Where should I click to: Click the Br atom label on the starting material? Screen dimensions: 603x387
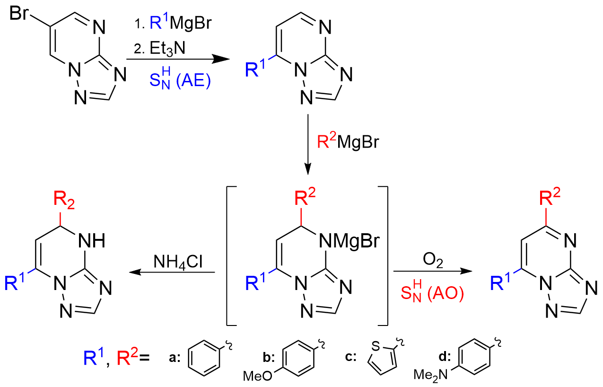[19, 13]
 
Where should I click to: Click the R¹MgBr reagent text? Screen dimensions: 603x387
[181, 22]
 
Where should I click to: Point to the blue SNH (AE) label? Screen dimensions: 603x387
[180, 79]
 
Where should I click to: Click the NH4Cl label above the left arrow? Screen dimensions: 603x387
[178, 262]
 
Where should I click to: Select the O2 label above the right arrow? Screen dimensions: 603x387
[433, 260]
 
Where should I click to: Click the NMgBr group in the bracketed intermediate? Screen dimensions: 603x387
[349, 241]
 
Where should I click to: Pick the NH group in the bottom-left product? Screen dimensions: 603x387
[92, 241]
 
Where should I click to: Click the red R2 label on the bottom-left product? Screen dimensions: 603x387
[64, 200]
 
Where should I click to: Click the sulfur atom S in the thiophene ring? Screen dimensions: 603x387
[376, 346]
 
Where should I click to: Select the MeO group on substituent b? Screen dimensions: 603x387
[258, 376]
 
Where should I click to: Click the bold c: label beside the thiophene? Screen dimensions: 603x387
[351, 357]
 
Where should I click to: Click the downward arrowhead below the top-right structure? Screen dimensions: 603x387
[308, 169]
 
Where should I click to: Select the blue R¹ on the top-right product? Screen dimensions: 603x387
[255, 69]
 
